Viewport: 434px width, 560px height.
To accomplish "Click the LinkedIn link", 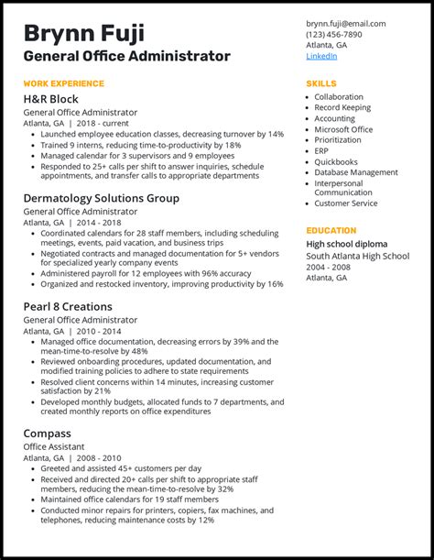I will pos(321,56).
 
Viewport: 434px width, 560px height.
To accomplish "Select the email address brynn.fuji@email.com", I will pos(345,23).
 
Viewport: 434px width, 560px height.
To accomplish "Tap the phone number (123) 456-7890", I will pos(333,34).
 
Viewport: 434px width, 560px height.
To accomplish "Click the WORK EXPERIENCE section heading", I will pos(64,83).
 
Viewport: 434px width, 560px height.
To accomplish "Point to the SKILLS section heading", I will pos(321,83).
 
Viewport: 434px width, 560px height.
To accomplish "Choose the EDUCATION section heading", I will pos(331,231).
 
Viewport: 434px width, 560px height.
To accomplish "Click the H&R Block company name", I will pos(51,99).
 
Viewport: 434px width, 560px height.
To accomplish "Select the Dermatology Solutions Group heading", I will pos(101,198).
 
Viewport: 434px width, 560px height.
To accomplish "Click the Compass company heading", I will pos(48,433).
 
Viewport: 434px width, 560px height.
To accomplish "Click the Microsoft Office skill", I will pos(343,129).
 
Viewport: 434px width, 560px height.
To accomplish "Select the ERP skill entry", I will pos(322,150).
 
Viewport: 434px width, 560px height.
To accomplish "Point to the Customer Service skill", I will pos(345,203).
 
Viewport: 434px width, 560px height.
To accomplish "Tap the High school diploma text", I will pos(346,244).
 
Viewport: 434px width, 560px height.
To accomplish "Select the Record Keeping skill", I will pos(342,107).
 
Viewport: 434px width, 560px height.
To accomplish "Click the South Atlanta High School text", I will pos(357,255).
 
